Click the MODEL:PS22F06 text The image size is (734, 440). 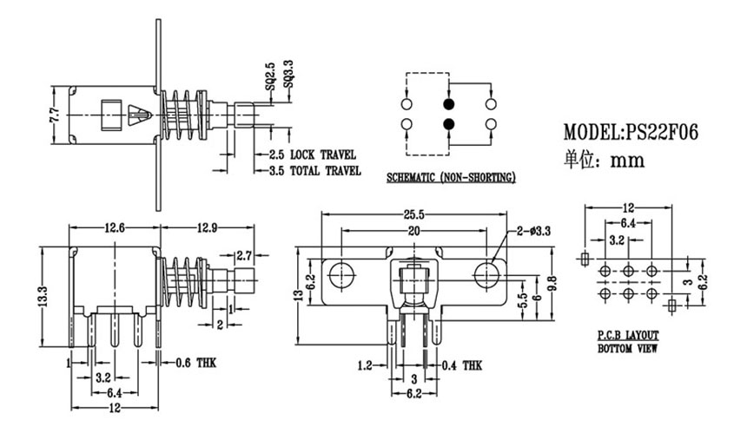pos(631,132)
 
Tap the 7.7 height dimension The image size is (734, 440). pos(55,115)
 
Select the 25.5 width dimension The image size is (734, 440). pos(413,214)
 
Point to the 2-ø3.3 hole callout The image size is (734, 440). pos(533,231)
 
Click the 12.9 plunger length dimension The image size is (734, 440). pos(207,227)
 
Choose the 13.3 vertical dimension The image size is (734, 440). pos(43,295)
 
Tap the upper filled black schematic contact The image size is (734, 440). pos(449,103)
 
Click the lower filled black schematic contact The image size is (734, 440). pos(449,124)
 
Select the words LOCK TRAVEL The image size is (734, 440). pos(323,154)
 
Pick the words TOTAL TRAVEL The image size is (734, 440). pos(326,171)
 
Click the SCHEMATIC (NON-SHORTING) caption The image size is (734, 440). pos(452,178)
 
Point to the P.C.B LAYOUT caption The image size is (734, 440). pos(628,335)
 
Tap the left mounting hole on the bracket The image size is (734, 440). pos(341,275)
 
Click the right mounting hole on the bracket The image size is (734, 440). pos(486,275)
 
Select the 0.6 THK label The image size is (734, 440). pos(196,363)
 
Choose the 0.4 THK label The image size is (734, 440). pos(461,365)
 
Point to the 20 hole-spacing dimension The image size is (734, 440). pos(413,231)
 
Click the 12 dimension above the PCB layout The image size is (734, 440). pos(628,207)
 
